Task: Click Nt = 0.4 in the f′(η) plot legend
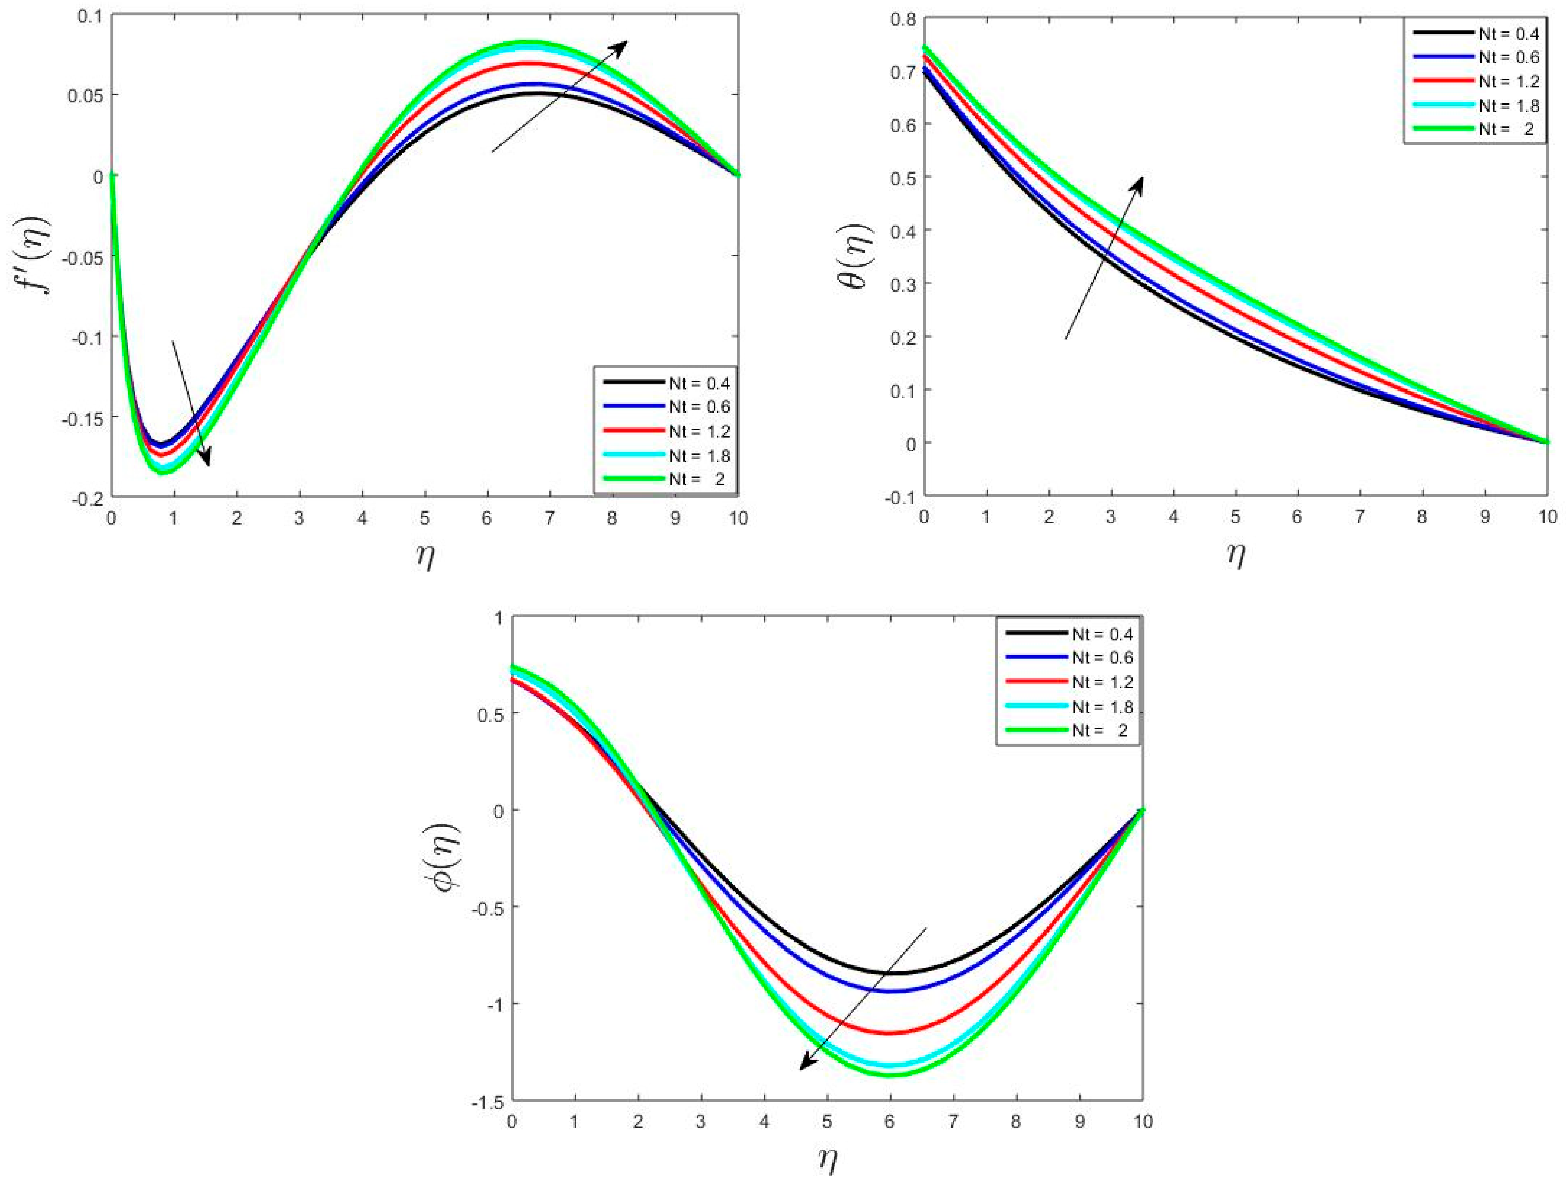click(699, 383)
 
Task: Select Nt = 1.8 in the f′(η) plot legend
click(699, 455)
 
